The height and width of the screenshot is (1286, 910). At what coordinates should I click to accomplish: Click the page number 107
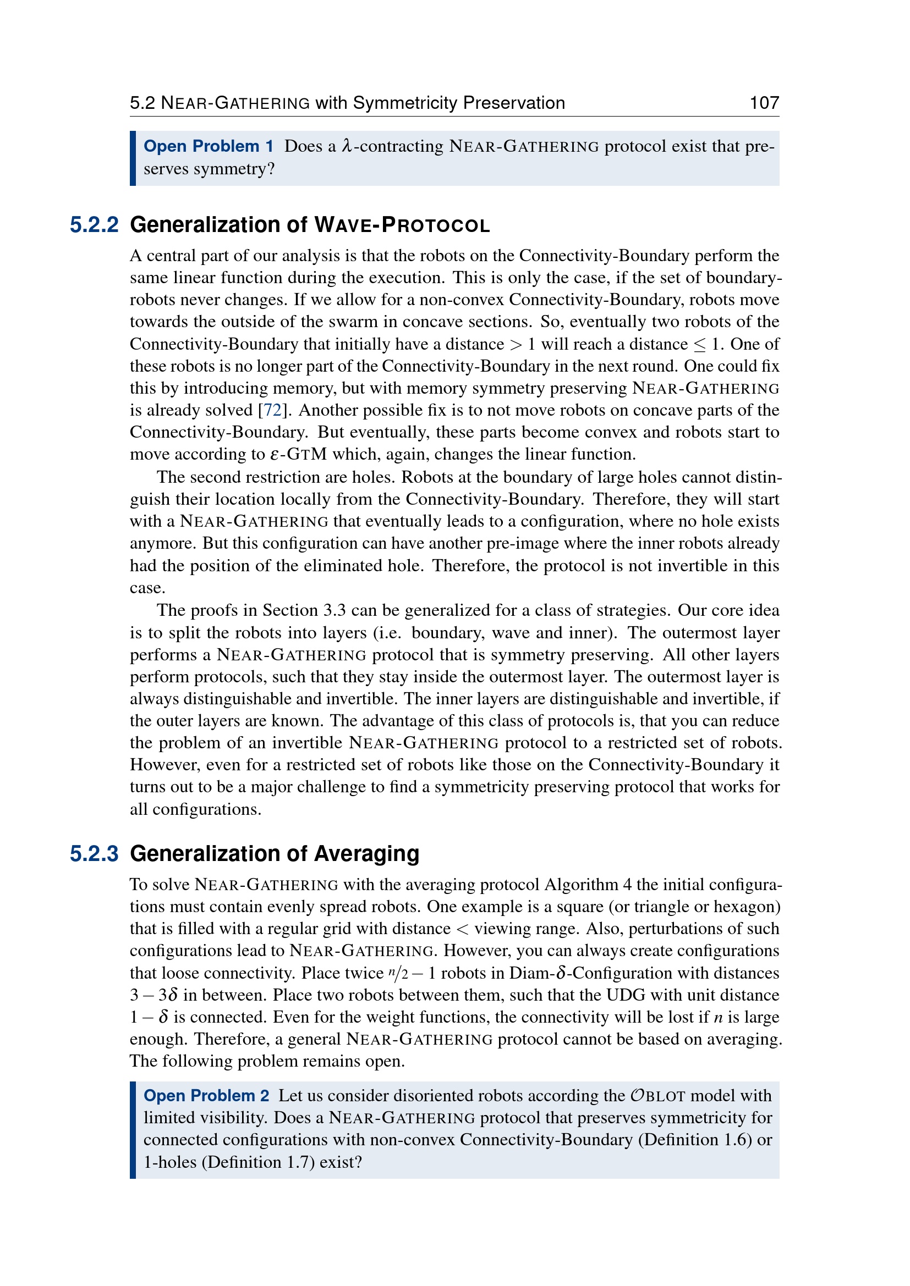[764, 103]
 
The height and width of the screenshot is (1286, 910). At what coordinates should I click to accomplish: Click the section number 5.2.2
[94, 225]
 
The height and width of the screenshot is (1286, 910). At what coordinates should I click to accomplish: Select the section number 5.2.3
[94, 854]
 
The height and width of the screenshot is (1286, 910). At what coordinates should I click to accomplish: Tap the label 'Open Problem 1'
[209, 146]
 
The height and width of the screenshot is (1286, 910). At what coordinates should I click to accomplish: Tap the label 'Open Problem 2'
[206, 1096]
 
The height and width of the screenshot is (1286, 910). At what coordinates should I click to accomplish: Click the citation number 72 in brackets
[272, 410]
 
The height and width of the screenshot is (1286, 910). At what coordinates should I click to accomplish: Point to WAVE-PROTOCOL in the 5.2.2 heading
[402, 225]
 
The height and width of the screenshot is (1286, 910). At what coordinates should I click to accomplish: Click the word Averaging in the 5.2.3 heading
[366, 854]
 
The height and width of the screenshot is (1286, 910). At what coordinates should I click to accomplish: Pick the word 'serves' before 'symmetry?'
[166, 169]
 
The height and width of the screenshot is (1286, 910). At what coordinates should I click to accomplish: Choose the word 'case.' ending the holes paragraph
[147, 588]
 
